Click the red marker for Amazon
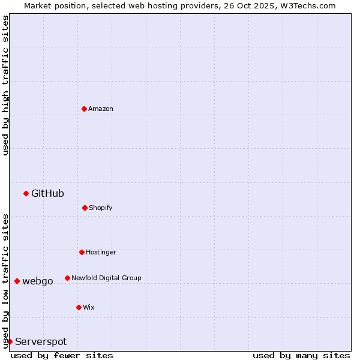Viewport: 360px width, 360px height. pyautogui.click(x=85, y=109)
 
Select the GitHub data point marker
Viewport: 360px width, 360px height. pyautogui.click(x=26, y=193)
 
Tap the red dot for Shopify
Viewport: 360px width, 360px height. pyautogui.click(x=85, y=208)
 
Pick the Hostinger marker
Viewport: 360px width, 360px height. pyautogui.click(x=82, y=252)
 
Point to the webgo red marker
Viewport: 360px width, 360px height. pyautogui.click(x=17, y=281)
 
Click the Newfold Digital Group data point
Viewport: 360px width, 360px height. pyautogui.click(x=67, y=278)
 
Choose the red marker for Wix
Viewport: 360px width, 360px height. pyautogui.click(x=79, y=307)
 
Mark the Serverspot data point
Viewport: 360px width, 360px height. pyautogui.click(x=10, y=341)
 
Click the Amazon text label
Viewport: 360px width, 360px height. pyautogui.click(x=101, y=109)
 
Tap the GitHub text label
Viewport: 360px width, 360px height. pyautogui.click(x=47, y=193)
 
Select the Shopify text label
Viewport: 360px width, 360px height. pyautogui.click(x=101, y=208)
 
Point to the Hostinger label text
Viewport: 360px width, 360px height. pyautogui.click(x=101, y=252)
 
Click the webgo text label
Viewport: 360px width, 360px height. pyautogui.click(x=38, y=281)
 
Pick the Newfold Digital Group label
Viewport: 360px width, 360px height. pyautogui.click(x=106, y=278)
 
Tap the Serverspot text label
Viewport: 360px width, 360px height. pyautogui.click(x=41, y=341)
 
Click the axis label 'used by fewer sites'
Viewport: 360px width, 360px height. pyautogui.click(x=62, y=355)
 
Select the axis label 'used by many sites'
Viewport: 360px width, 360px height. pyautogui.click(x=301, y=355)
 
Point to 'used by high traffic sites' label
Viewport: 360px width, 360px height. pyautogui.click(x=5, y=85)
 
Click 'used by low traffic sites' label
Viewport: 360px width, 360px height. pyautogui.click(x=5, y=281)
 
